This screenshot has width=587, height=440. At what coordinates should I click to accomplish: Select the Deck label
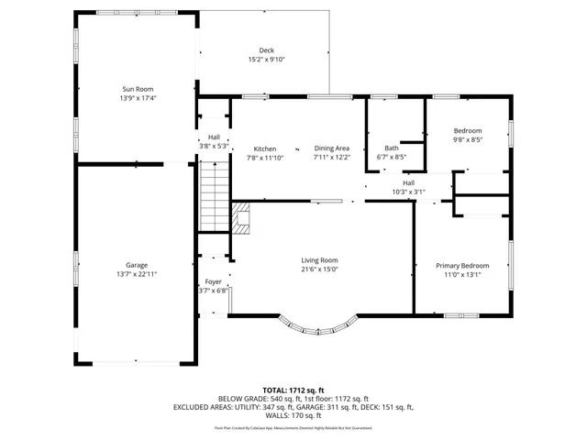[x=266, y=50]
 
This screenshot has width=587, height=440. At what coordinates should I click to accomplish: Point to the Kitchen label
[x=265, y=148]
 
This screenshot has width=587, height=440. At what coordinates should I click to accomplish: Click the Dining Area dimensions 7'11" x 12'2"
[x=331, y=157]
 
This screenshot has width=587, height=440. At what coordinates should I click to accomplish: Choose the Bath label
[x=392, y=148]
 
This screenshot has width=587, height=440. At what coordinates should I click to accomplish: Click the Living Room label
[x=319, y=260]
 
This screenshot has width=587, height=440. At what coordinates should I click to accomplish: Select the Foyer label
[x=213, y=282]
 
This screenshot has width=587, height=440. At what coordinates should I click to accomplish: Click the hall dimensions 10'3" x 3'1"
[x=408, y=192]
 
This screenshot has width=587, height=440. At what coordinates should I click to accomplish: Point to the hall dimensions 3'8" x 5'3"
[x=213, y=146]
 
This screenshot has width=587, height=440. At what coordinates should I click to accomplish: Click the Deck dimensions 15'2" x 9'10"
[x=266, y=60]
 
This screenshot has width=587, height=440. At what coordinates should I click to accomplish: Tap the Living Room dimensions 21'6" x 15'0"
[x=319, y=269]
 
